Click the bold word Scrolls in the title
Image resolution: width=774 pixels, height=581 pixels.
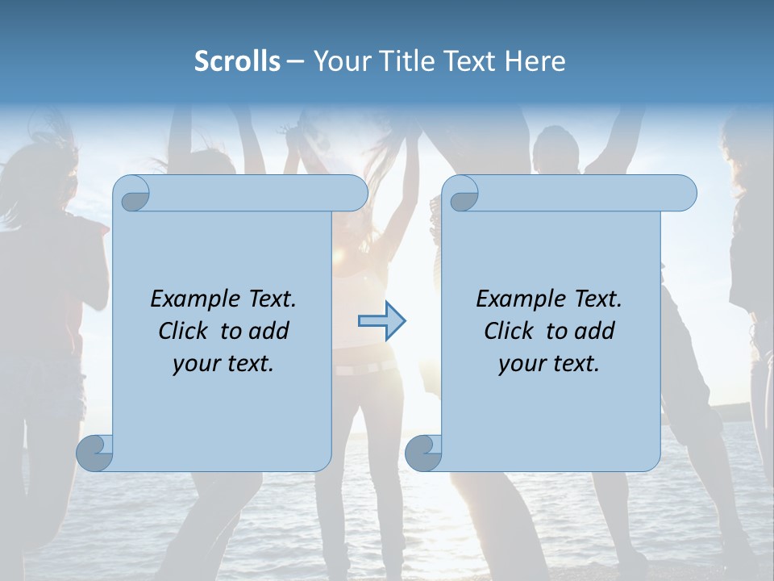tap(237, 61)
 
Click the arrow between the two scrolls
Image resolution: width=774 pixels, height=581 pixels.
tap(381, 321)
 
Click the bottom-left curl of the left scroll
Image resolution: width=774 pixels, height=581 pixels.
tap(94, 453)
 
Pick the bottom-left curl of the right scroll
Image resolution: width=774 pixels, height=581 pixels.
tap(422, 453)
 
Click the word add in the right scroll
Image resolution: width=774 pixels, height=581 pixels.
tap(594, 332)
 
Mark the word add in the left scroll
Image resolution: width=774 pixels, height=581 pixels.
tap(268, 332)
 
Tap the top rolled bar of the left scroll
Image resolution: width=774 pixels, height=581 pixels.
tap(258, 193)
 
